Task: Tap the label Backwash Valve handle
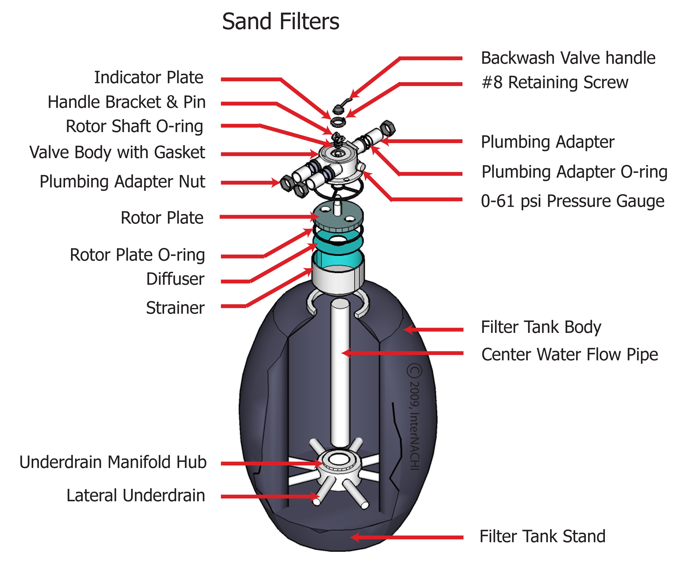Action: click(568, 58)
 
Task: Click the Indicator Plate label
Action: click(149, 78)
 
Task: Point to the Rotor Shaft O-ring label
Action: click(134, 127)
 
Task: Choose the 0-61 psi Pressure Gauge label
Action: click(572, 201)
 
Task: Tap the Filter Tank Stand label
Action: click(542, 536)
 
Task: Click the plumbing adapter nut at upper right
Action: click(388, 128)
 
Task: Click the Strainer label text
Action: click(175, 308)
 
